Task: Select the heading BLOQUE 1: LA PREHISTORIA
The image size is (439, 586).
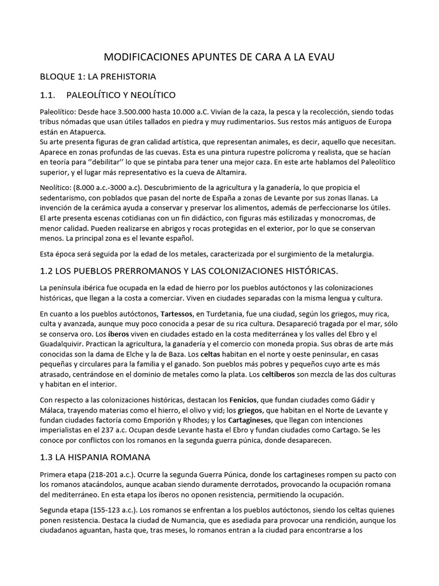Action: [98, 76]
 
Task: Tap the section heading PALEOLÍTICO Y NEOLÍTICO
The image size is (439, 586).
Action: [121, 94]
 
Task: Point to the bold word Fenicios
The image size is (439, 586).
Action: [245, 399]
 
